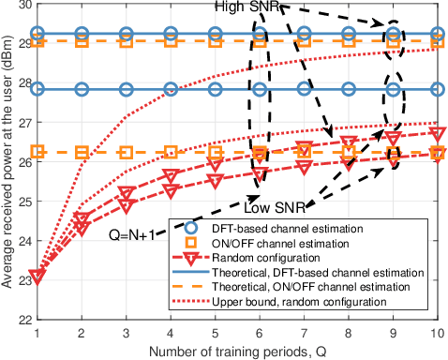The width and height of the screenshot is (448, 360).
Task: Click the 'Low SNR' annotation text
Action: point(266,207)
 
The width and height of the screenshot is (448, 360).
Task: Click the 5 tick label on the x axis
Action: point(214,332)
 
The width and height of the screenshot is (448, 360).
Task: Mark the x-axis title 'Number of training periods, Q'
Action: point(237,349)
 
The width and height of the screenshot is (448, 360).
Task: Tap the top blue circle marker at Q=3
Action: point(126,34)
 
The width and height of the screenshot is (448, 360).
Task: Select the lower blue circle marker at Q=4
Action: point(170,90)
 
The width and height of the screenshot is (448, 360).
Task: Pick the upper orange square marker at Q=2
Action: point(82,41)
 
